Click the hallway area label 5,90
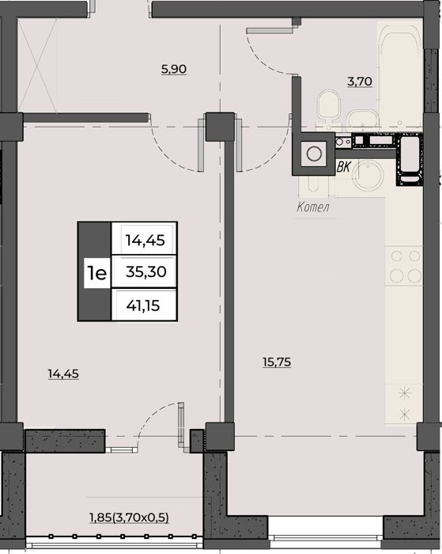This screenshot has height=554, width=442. (x=174, y=69)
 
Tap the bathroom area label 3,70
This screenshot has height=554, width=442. (x=360, y=82)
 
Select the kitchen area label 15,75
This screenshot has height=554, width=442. (x=277, y=362)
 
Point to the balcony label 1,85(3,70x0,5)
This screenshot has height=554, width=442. (x=129, y=518)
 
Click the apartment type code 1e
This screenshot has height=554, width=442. (x=96, y=273)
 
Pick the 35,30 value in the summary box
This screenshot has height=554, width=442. (x=145, y=271)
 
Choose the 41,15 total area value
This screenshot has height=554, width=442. (x=143, y=305)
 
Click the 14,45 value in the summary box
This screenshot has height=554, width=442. (x=145, y=241)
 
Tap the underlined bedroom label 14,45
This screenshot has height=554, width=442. (x=63, y=374)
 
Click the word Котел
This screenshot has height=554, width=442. (x=313, y=207)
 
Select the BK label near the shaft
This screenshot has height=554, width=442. (x=343, y=167)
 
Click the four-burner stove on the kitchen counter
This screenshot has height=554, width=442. (x=404, y=265)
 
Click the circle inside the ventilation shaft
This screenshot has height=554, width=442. (x=314, y=154)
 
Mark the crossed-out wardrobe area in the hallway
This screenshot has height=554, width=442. (x=37, y=66)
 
